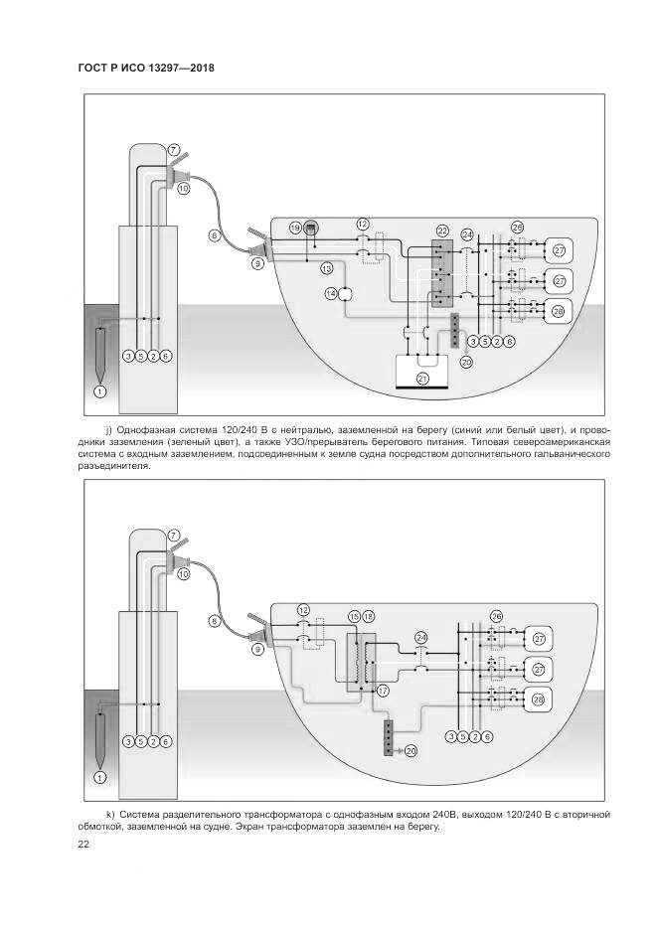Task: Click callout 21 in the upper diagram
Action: (x=421, y=379)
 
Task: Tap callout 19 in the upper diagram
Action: (x=295, y=228)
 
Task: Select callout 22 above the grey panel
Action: (x=442, y=230)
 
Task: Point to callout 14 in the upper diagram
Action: (x=331, y=293)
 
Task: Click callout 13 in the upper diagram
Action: (x=326, y=268)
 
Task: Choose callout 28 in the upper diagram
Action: (x=558, y=311)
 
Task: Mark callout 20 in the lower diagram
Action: (x=411, y=750)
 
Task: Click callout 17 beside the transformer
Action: (x=383, y=687)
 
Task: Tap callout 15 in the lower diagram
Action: (x=354, y=617)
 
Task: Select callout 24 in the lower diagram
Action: (x=421, y=637)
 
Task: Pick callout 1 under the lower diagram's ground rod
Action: (x=98, y=777)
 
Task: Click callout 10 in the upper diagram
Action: (x=183, y=188)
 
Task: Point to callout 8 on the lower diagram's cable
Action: (x=214, y=621)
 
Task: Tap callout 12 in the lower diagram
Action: (x=304, y=608)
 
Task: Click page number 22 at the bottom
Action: (x=83, y=845)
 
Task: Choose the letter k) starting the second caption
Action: (x=109, y=814)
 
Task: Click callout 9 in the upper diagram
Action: (x=257, y=263)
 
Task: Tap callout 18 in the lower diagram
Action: (x=369, y=617)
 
